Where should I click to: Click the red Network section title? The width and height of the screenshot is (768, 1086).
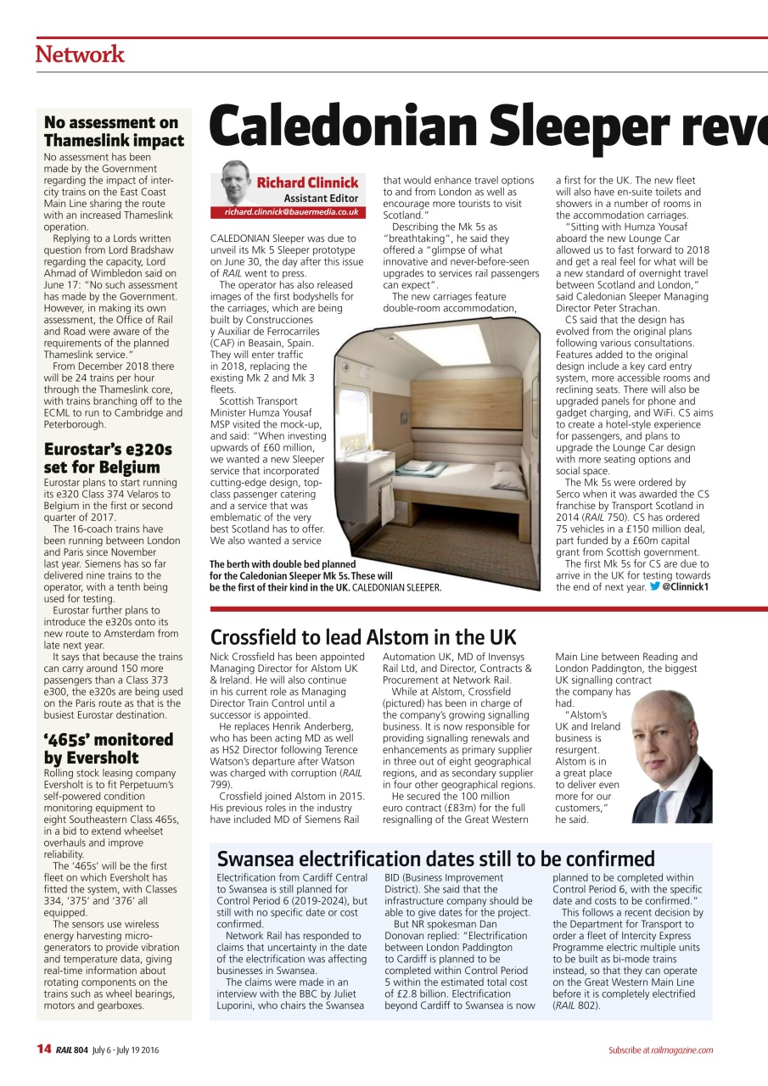(x=80, y=54)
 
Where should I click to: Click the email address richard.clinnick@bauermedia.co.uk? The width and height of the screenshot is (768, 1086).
(x=291, y=212)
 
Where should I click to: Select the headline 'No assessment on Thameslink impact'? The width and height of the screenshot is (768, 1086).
(x=114, y=132)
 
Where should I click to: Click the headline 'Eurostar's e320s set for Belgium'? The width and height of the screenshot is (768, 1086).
(x=107, y=457)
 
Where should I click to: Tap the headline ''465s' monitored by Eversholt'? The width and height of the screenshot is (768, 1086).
(x=108, y=748)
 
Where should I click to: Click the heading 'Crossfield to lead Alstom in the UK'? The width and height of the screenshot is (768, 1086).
(x=363, y=637)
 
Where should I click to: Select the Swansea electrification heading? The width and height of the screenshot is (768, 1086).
(x=436, y=859)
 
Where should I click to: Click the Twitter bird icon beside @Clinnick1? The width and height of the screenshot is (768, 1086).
(x=654, y=586)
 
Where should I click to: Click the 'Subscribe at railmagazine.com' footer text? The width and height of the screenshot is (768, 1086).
(x=660, y=1050)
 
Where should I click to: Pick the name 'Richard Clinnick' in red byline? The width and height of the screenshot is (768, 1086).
(x=307, y=182)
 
